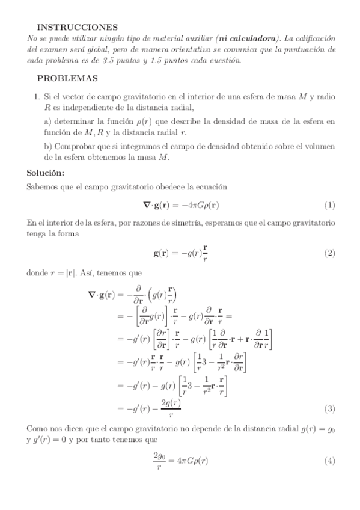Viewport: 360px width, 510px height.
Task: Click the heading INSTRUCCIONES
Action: tap(77, 27)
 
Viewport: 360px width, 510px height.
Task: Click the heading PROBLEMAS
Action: tap(68, 78)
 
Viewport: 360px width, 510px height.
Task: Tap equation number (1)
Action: tap(329, 205)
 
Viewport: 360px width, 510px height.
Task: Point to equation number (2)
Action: tap(329, 253)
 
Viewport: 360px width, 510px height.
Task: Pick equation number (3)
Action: tap(329, 409)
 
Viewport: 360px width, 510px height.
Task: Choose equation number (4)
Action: tap(329, 461)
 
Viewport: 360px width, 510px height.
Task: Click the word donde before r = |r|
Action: tap(40, 272)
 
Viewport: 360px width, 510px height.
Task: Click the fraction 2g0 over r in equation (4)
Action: tap(162, 461)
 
